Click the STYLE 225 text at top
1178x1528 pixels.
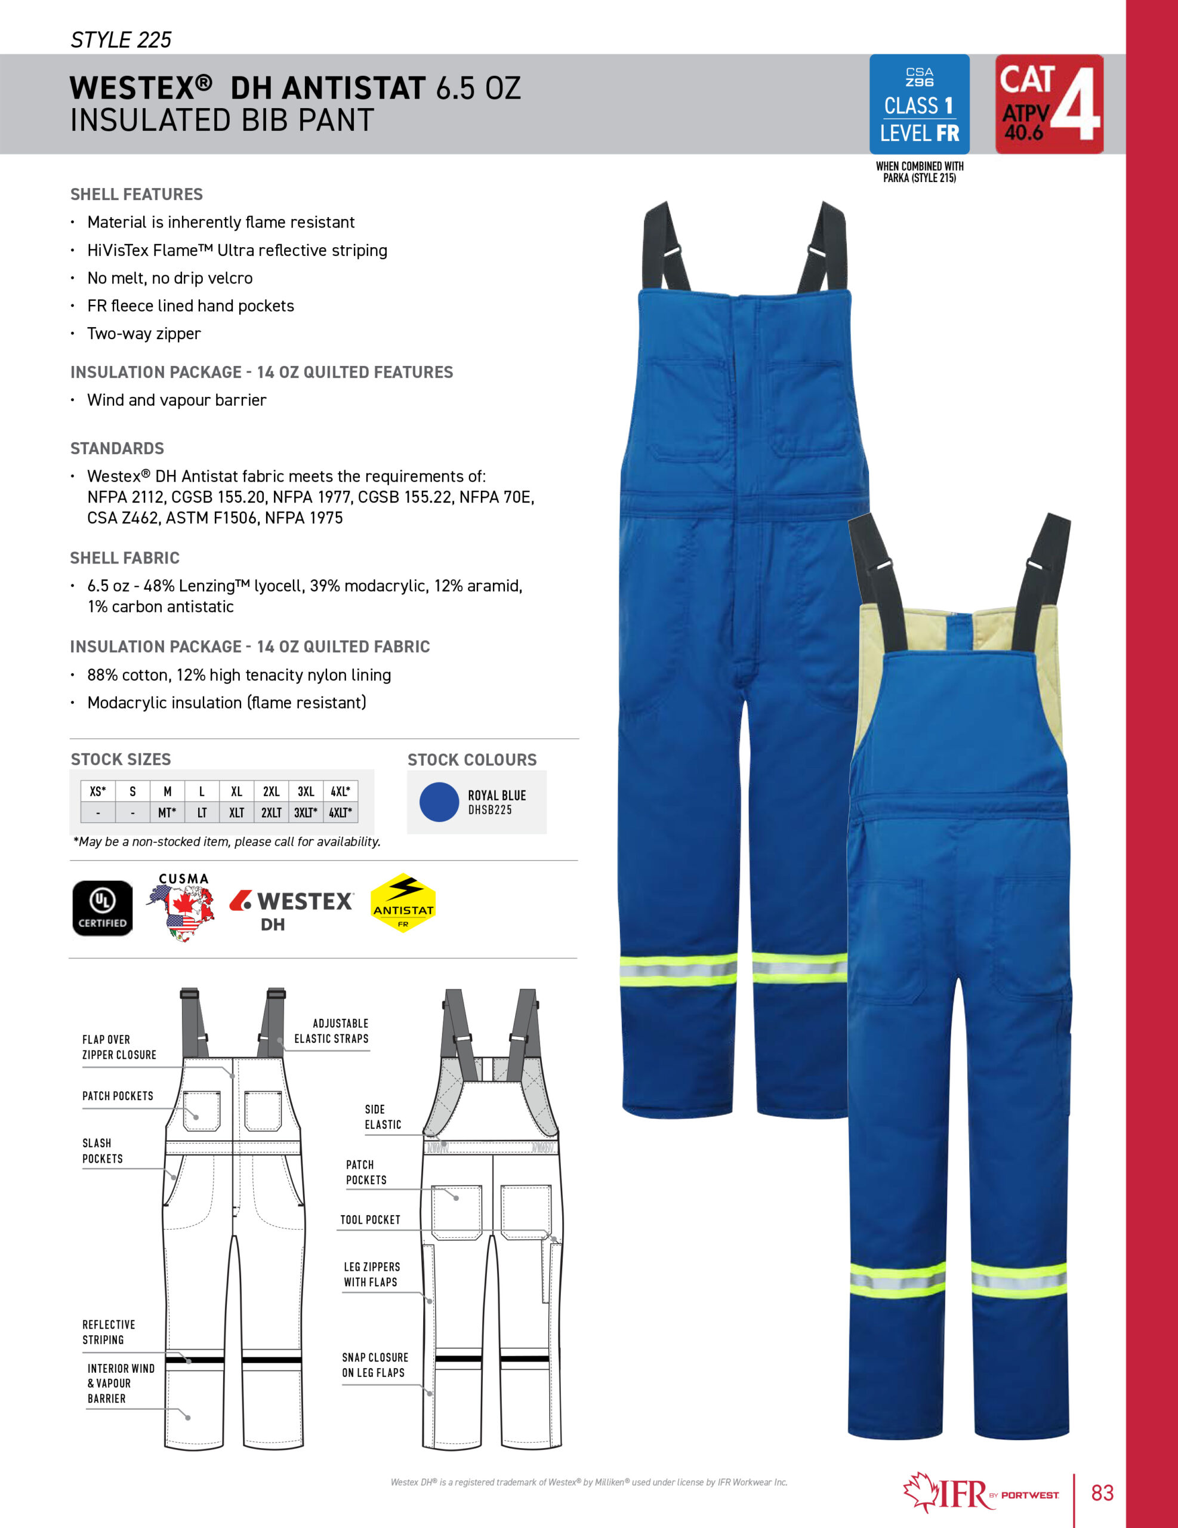click(121, 40)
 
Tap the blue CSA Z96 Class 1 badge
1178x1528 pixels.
click(918, 104)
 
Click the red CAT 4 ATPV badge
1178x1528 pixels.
click(1049, 104)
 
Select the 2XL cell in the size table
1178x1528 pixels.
click(271, 791)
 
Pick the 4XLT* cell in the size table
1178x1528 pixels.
click(340, 812)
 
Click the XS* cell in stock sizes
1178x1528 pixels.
click(97, 791)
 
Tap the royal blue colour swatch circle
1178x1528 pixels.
click(439, 802)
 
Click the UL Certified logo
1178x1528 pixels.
click(102, 907)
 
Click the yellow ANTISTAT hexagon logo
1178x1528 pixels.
click(403, 903)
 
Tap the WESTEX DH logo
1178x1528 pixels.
click(292, 909)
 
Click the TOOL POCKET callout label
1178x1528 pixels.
click(370, 1219)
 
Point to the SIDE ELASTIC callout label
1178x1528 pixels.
click(383, 1117)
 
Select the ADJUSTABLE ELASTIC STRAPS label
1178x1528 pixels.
click(332, 1031)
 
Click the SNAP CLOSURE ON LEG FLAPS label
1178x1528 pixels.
click(374, 1364)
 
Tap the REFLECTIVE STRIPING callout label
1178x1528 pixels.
click(109, 1332)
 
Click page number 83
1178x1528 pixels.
click(1102, 1493)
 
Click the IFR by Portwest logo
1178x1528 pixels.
click(979, 1493)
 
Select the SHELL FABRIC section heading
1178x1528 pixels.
click(125, 557)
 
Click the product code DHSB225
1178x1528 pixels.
click(490, 810)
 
